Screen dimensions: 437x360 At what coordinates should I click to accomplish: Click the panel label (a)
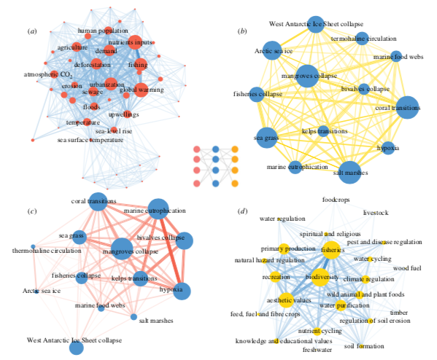tap(32, 31)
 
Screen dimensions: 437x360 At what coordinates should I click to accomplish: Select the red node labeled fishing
tap(141, 65)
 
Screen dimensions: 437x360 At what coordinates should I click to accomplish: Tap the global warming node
tap(141, 90)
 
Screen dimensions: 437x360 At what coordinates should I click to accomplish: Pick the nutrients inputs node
tap(135, 42)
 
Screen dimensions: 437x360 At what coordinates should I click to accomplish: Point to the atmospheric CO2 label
tap(48, 74)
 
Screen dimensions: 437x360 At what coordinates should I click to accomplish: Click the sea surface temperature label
tap(90, 140)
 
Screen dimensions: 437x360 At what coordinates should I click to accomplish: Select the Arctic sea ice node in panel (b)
tap(272, 50)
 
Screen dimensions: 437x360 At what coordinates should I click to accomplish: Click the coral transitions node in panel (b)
tap(408, 107)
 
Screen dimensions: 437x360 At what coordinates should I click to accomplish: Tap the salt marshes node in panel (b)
tap(350, 173)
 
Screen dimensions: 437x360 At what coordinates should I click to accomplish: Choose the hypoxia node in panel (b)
tap(388, 148)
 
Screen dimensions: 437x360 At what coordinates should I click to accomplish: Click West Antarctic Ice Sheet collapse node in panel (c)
tap(77, 348)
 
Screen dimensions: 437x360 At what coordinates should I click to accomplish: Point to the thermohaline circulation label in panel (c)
tap(47, 251)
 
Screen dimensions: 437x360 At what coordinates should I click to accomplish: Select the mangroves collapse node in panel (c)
tap(122, 249)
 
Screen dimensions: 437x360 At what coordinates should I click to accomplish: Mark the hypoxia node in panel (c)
tap(182, 291)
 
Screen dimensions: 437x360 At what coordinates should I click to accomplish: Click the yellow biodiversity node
tap(320, 278)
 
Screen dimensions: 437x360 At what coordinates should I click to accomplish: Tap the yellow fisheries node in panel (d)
tap(332, 250)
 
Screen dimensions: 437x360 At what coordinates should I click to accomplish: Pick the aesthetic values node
tap(287, 300)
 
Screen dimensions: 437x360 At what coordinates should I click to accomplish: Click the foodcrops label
tap(336, 200)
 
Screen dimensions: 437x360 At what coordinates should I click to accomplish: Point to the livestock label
tap(376, 213)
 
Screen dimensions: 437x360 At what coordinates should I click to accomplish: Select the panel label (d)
tap(242, 211)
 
